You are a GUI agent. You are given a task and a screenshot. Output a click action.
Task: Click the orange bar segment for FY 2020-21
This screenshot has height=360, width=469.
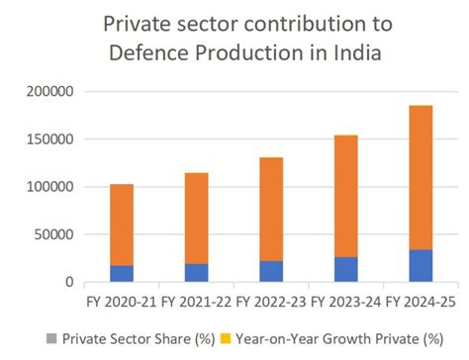pos(122,225)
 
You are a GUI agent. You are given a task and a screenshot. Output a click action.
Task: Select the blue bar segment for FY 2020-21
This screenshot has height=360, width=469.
pos(122,273)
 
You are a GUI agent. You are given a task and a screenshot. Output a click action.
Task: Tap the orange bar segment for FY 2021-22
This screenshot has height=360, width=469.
pos(197,219)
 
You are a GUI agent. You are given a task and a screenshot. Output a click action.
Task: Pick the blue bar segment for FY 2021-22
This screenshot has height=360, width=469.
pos(197,272)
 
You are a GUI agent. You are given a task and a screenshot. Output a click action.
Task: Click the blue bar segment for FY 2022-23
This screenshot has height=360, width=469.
pos(272,271)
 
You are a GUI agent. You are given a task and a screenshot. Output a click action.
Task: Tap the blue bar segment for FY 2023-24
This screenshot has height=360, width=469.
pos(346,269)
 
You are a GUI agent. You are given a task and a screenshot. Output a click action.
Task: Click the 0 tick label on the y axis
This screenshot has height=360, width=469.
pos(69,282)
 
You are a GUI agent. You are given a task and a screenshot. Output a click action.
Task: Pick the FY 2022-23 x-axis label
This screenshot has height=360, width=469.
pos(272,300)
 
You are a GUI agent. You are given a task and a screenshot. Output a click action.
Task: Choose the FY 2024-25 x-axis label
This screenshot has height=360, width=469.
pos(422,300)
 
